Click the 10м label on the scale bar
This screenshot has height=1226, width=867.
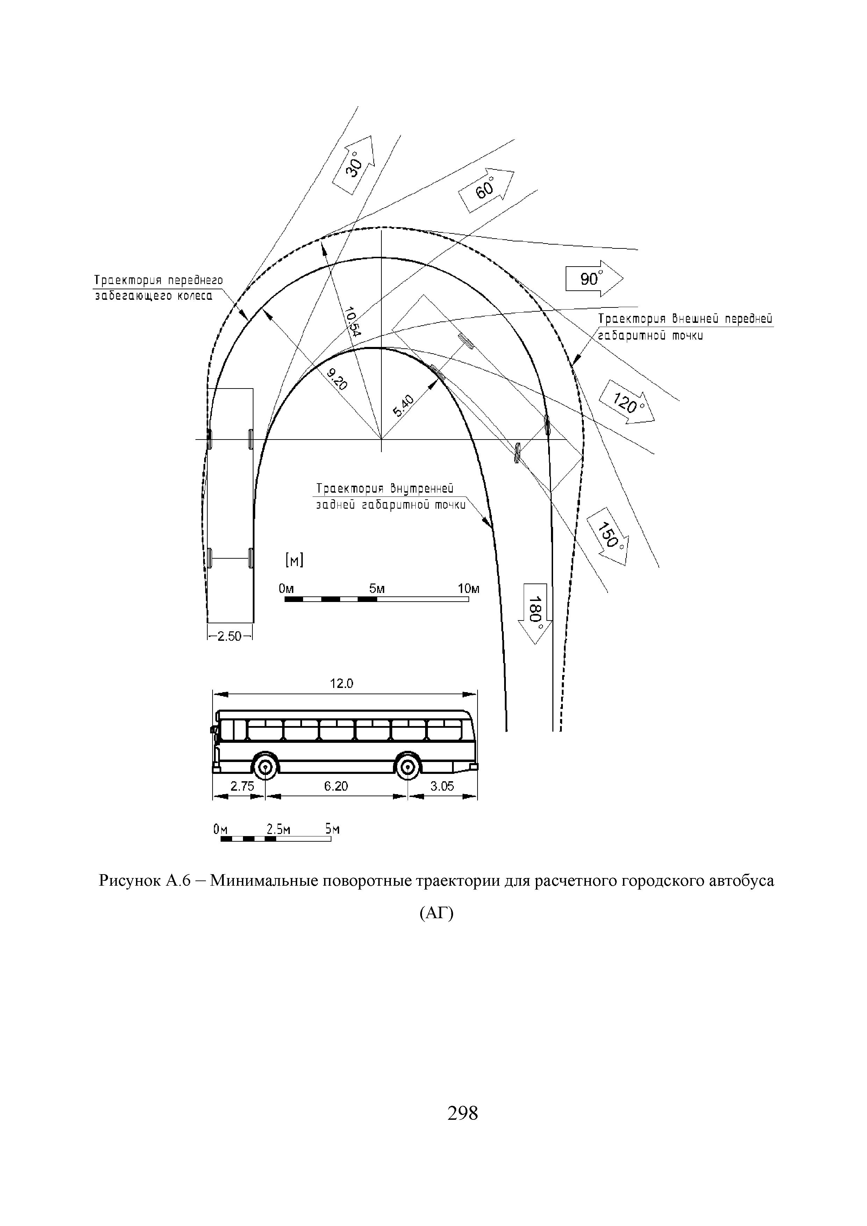pyautogui.click(x=468, y=589)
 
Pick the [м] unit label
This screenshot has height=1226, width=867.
pyautogui.click(x=294, y=560)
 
